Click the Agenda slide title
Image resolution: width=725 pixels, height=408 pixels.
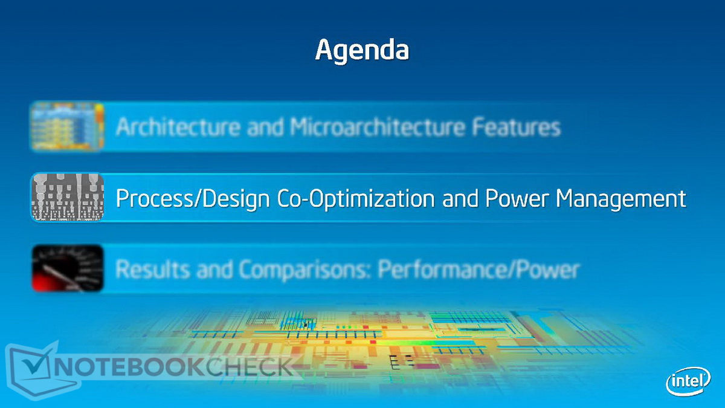pyautogui.click(x=362, y=51)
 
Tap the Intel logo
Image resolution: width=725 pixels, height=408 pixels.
pyautogui.click(x=688, y=381)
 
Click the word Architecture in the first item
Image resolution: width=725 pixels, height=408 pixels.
pyautogui.click(x=178, y=126)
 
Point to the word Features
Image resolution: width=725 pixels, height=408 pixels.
pyautogui.click(x=516, y=126)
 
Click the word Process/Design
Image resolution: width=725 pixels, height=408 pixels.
pyautogui.click(x=193, y=198)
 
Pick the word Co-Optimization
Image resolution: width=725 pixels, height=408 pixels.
pyautogui.click(x=356, y=198)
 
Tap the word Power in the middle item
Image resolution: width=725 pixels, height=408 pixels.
pyautogui.click(x=517, y=198)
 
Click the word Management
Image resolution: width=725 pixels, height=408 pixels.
pyautogui.click(x=621, y=199)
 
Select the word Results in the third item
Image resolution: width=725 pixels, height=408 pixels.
pyautogui.click(x=152, y=269)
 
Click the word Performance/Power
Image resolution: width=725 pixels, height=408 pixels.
pyautogui.click(x=478, y=269)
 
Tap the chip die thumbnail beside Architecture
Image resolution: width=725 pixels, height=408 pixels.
pyautogui.click(x=68, y=126)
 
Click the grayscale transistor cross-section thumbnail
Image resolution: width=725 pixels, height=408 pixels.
pyautogui.click(x=68, y=197)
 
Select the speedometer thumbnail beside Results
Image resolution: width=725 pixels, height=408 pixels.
pyautogui.click(x=68, y=268)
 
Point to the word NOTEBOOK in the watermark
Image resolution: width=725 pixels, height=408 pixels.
pyautogui.click(x=129, y=367)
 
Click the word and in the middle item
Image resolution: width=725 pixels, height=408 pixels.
pyautogui.click(x=460, y=198)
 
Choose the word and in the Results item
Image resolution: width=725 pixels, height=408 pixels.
pyautogui.click(x=214, y=270)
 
